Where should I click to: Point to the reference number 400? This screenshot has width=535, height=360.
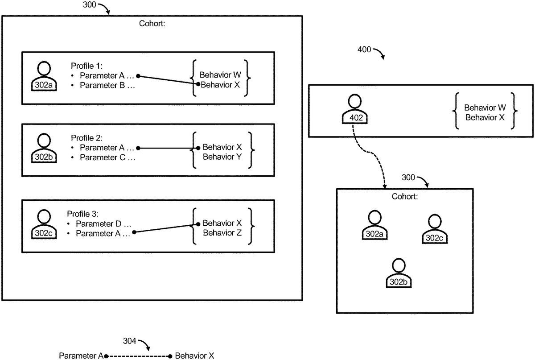(364, 50)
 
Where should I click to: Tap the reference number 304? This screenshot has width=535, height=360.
(130, 341)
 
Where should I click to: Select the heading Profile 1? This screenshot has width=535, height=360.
(86, 65)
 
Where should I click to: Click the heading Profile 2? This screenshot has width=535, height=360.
(86, 138)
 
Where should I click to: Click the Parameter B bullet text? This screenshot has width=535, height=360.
(107, 85)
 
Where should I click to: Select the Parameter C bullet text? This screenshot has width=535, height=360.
(107, 157)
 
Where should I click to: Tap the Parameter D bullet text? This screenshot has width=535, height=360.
(104, 223)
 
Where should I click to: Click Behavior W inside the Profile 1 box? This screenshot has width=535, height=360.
(220, 74)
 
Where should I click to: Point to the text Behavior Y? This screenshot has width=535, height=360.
(222, 157)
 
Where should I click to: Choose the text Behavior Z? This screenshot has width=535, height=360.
(222, 232)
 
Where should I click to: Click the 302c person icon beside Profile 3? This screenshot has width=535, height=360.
(44, 223)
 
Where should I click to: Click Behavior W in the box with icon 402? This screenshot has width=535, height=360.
(485, 108)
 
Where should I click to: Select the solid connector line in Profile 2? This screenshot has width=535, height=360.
(167, 148)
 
